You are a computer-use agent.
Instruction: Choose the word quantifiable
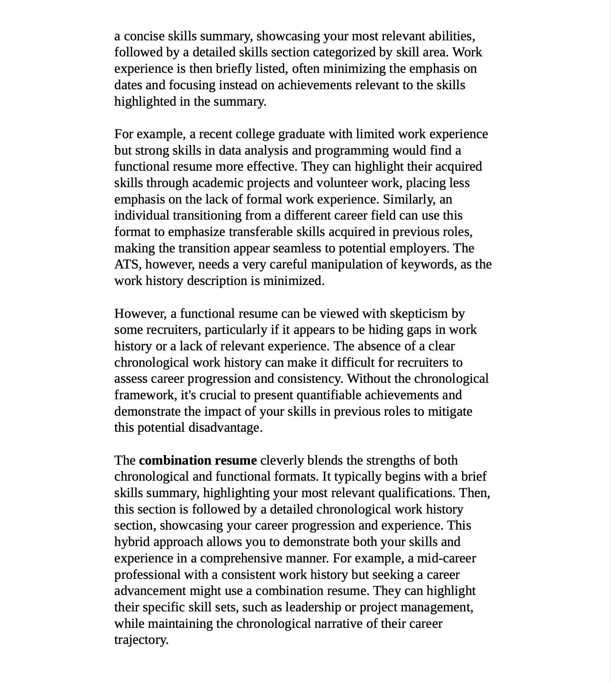click(x=329, y=395)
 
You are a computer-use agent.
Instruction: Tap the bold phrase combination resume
click(x=197, y=460)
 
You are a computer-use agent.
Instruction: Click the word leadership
click(x=313, y=608)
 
